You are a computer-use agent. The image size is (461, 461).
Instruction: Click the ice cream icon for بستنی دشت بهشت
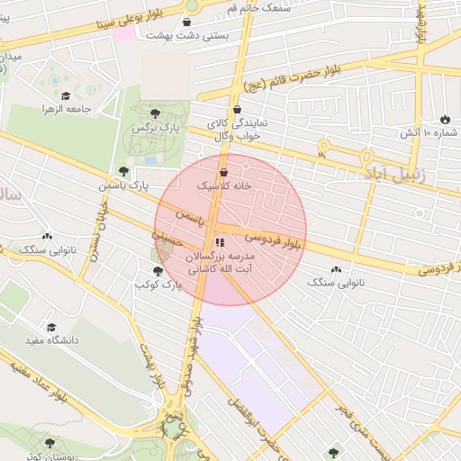pyautogui.click(x=186, y=23)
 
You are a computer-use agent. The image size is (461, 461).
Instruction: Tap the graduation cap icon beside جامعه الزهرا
pyautogui.click(x=65, y=95)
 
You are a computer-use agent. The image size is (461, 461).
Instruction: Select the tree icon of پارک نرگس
pyautogui.click(x=155, y=114)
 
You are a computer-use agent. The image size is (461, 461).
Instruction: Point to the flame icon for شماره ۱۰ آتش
pyautogui.click(x=445, y=120)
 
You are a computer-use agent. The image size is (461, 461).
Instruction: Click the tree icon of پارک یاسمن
pyautogui.click(x=123, y=171)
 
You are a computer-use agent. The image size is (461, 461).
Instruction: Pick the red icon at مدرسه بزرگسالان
pyautogui.click(x=220, y=242)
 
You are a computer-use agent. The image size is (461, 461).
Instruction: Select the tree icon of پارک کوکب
pyautogui.click(x=158, y=271)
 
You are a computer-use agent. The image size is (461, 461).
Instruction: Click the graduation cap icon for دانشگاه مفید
pyautogui.click(x=51, y=328)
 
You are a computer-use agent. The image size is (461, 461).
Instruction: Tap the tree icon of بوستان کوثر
pyautogui.click(x=49, y=443)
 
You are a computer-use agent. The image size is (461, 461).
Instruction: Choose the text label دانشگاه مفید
pyautogui.click(x=56, y=341)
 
